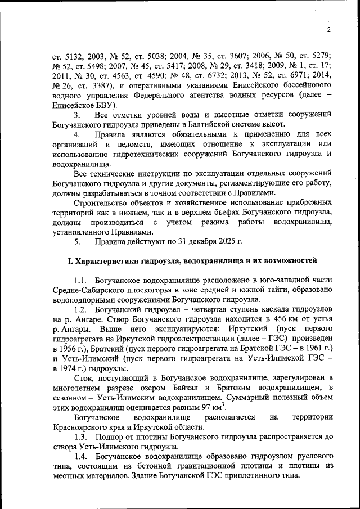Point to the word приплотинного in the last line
[x=251, y=476]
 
